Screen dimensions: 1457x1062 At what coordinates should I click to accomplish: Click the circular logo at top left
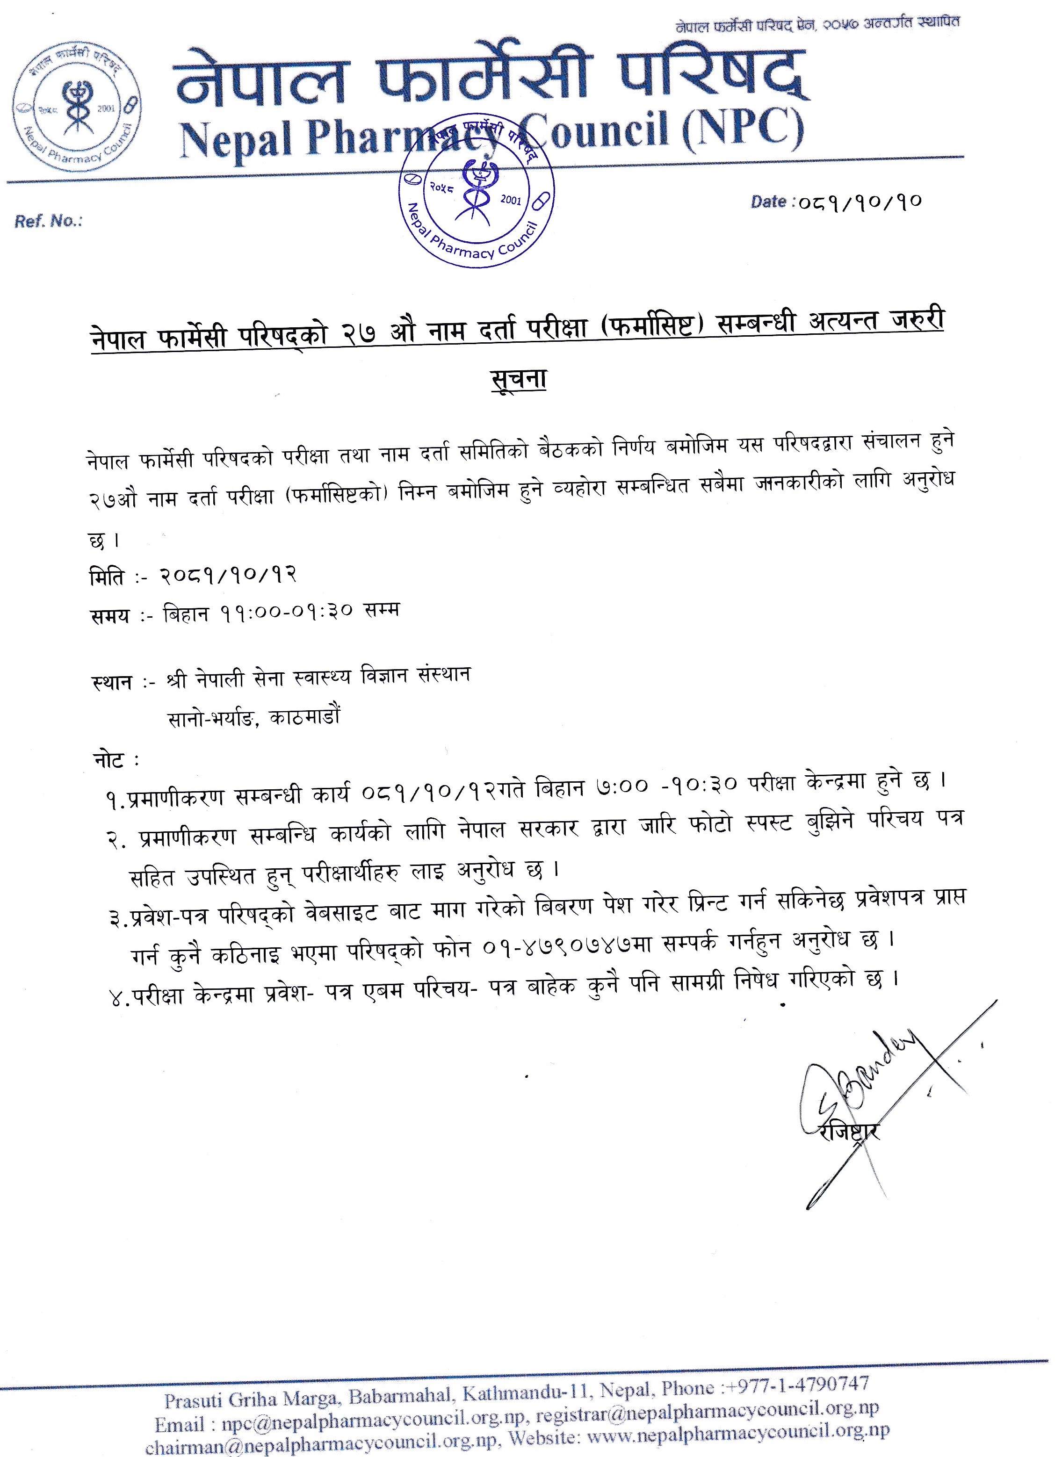click(76, 108)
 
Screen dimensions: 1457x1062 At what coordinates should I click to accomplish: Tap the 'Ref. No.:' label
click(48, 222)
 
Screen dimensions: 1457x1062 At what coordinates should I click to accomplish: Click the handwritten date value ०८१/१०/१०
click(860, 202)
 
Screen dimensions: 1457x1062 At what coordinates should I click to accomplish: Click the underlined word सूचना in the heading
click(518, 379)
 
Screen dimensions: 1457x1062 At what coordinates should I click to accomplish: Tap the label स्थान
click(112, 681)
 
